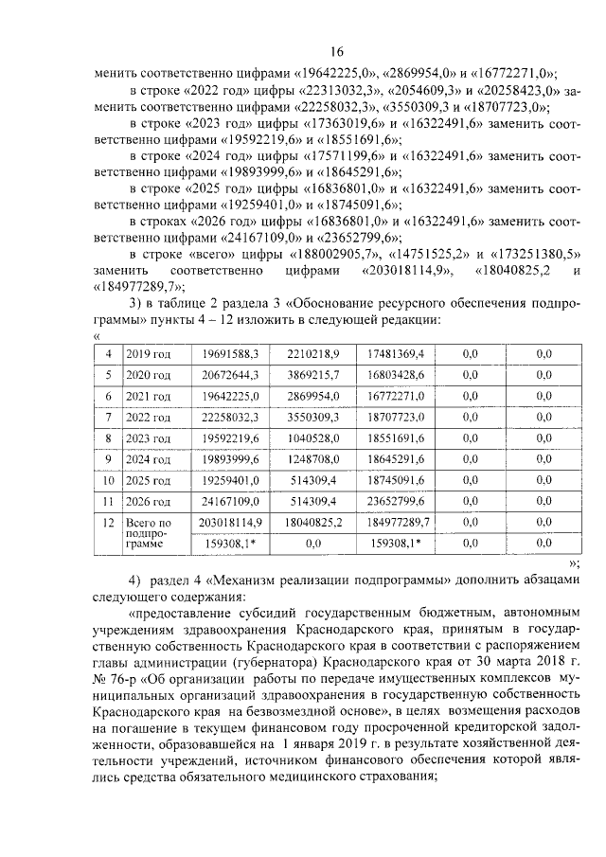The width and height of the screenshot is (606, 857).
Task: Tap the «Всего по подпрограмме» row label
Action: click(x=148, y=533)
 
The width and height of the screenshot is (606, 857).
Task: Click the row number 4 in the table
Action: click(x=109, y=353)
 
